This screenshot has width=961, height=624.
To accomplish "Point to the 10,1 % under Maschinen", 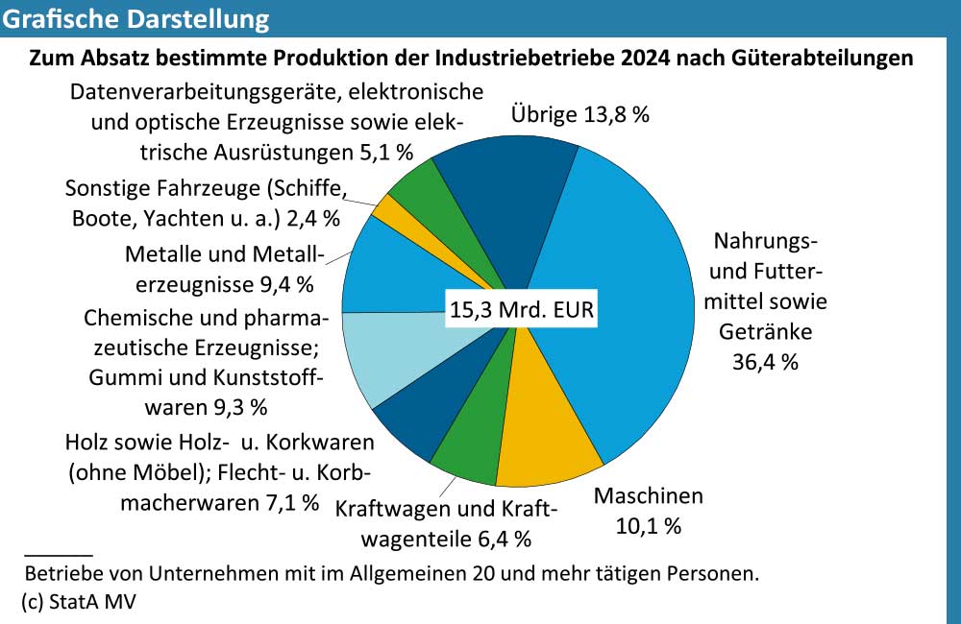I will point(648,526).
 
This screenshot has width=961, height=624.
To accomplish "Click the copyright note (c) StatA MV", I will point(81,601).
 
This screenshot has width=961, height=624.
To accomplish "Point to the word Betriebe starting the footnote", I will point(61,575).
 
